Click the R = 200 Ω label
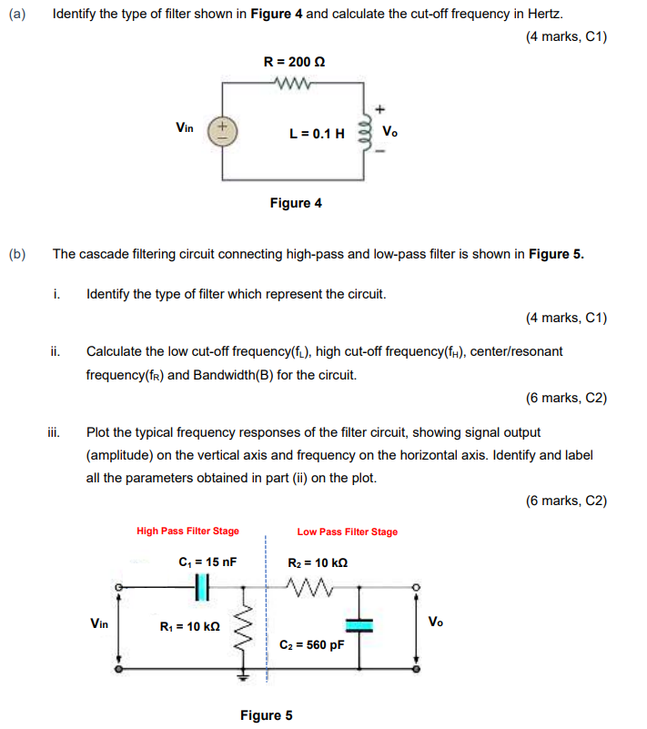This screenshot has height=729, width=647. (x=294, y=62)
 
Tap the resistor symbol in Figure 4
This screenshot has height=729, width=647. (x=294, y=86)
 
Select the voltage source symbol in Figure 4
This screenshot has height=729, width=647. (x=221, y=131)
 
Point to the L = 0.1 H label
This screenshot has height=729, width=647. (x=317, y=133)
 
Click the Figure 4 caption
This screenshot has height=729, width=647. (x=296, y=203)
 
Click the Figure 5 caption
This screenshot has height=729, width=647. (x=266, y=714)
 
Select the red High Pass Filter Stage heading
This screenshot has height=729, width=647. (x=187, y=532)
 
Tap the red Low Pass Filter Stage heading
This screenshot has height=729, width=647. (x=347, y=532)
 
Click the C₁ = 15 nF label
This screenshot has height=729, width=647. (x=208, y=562)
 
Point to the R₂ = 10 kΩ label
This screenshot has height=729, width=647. (x=317, y=562)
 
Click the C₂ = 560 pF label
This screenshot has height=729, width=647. (x=310, y=645)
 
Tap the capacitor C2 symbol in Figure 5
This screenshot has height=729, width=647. (x=360, y=623)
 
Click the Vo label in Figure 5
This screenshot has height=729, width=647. (x=437, y=622)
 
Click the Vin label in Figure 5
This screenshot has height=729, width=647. (x=101, y=623)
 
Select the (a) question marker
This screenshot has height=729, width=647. (x=17, y=15)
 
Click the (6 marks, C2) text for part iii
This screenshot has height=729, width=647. (x=566, y=501)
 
